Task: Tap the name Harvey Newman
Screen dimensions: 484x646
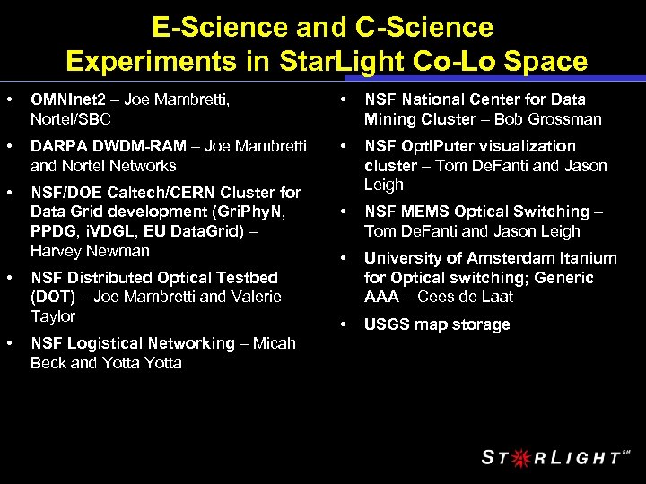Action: pos(90,251)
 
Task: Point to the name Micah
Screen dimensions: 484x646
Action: pos(274,343)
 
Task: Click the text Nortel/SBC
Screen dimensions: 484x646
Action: pos(70,119)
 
